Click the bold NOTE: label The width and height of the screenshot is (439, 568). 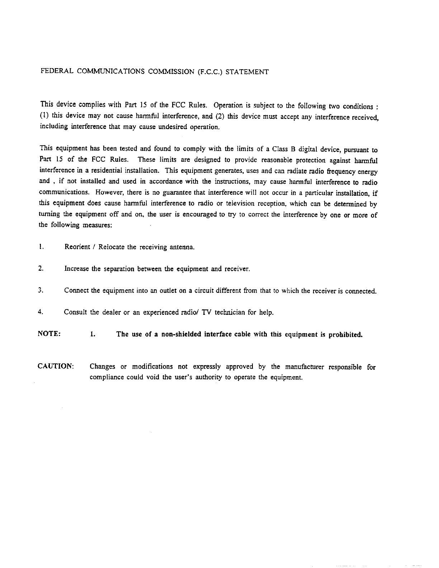(x=49, y=333)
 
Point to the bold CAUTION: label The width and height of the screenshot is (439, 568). (x=56, y=366)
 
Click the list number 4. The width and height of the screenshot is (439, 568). (x=41, y=312)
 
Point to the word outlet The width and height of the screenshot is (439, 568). (x=167, y=290)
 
